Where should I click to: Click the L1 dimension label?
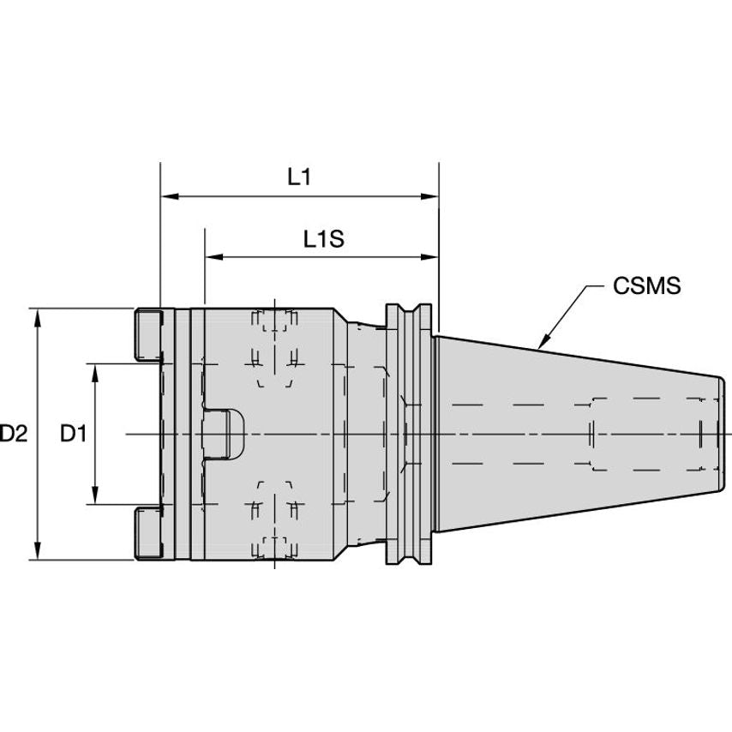[x=298, y=177]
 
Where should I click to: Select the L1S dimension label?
[x=323, y=239]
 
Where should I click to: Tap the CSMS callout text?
[x=646, y=286]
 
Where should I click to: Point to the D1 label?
[x=74, y=435]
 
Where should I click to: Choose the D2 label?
[x=14, y=435]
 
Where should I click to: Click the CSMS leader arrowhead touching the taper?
[x=541, y=345]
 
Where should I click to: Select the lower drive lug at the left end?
[x=147, y=533]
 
